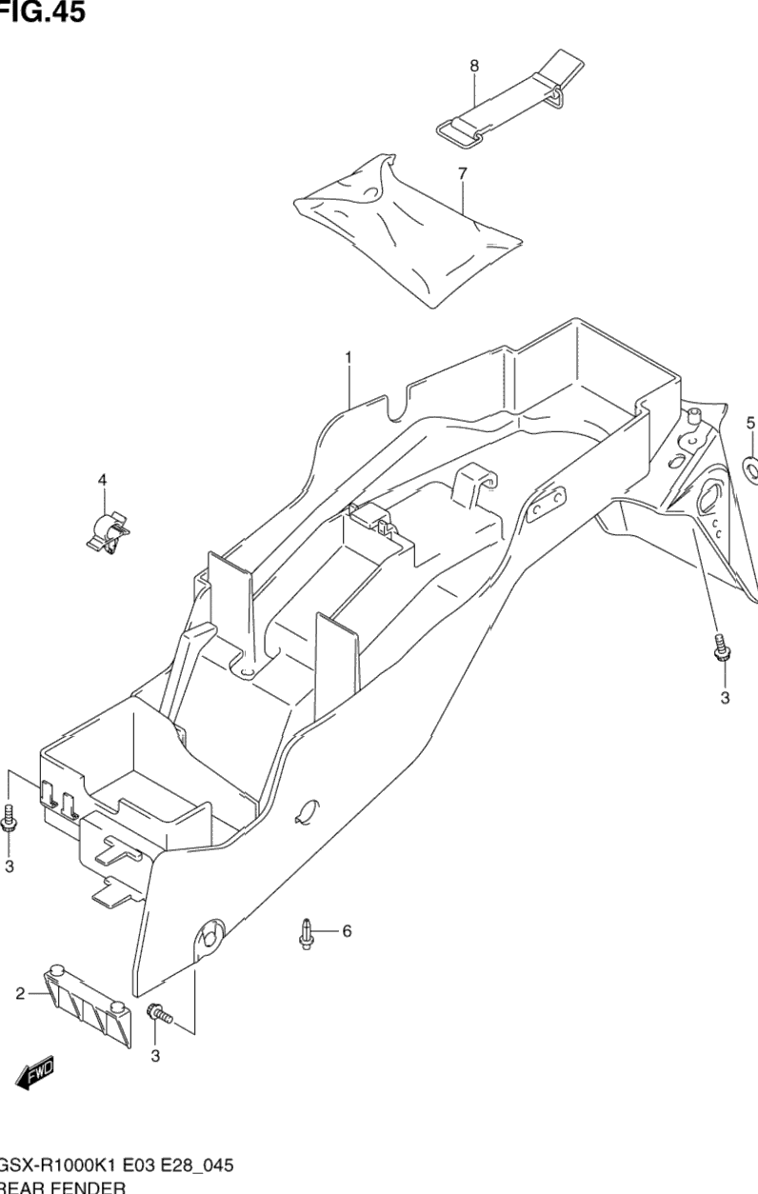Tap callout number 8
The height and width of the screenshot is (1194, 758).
474,66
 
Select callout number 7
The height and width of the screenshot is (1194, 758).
463,173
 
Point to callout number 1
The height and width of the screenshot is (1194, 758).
349,358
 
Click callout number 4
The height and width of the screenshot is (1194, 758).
103,480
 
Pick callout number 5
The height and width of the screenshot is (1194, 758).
750,423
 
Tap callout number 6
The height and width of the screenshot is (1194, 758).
347,930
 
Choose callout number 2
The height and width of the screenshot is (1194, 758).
20,995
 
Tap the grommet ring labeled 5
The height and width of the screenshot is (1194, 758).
750,468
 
